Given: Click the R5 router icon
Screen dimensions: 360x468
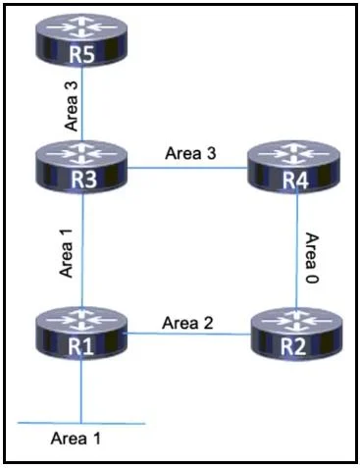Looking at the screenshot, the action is pos(81,40).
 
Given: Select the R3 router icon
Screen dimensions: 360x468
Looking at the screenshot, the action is pos(81,166).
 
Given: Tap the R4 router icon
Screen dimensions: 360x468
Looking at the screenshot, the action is pos(293,167).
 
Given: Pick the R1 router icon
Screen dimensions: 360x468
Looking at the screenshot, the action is pos(81,333).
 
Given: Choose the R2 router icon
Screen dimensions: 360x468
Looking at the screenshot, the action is pos(296,334).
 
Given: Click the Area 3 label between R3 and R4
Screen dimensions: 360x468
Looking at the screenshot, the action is pos(190,153).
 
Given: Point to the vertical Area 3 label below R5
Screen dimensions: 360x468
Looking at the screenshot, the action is pos(72,106).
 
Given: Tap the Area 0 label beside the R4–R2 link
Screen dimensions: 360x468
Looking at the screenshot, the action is pos(312,258).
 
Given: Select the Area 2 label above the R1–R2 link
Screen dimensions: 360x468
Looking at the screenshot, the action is pos(187,323).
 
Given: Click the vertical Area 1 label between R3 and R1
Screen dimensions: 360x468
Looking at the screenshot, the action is pos(66,253).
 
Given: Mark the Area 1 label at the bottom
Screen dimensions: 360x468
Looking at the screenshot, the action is pos(76,439).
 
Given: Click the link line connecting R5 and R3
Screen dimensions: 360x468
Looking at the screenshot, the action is pos(82,104).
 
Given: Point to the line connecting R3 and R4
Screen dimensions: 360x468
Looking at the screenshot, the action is pos(187,168).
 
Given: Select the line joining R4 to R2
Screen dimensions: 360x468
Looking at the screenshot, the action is pos(296,251).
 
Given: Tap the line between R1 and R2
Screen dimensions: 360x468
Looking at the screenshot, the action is pos(188,334).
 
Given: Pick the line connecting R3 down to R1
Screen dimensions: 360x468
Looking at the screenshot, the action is pos(82,250).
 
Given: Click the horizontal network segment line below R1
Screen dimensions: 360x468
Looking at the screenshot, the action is pos(81,423).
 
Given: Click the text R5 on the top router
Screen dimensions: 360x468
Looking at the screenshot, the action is pos(81,54).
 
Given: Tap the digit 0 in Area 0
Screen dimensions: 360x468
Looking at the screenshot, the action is pos(312,279).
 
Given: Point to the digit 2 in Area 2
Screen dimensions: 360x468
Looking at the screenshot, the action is pos(208,323).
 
